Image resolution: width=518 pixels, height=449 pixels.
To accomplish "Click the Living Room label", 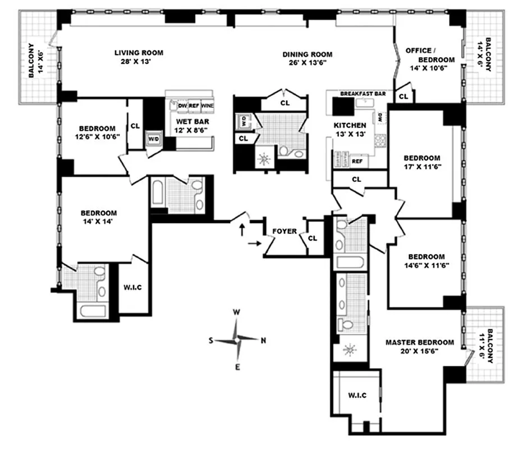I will [x=139, y=53].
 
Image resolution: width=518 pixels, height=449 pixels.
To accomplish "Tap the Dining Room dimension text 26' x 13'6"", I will [x=307, y=63].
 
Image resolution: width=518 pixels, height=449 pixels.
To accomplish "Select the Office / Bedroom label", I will [x=430, y=55].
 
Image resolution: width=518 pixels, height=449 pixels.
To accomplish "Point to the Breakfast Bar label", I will [x=363, y=94].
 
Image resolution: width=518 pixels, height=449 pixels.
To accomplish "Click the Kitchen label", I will [x=350, y=125].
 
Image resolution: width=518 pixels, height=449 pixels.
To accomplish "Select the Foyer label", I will [x=284, y=231].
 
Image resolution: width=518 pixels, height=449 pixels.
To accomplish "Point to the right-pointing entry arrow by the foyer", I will [x=254, y=243].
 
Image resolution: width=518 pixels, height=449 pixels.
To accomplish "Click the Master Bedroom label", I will [x=419, y=342].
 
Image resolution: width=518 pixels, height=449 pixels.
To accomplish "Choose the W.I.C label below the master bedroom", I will [x=357, y=396].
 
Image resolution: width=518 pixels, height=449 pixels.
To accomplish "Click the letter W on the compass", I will [x=237, y=312].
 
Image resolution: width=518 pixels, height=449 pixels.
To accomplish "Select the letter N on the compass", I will [x=263, y=340].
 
